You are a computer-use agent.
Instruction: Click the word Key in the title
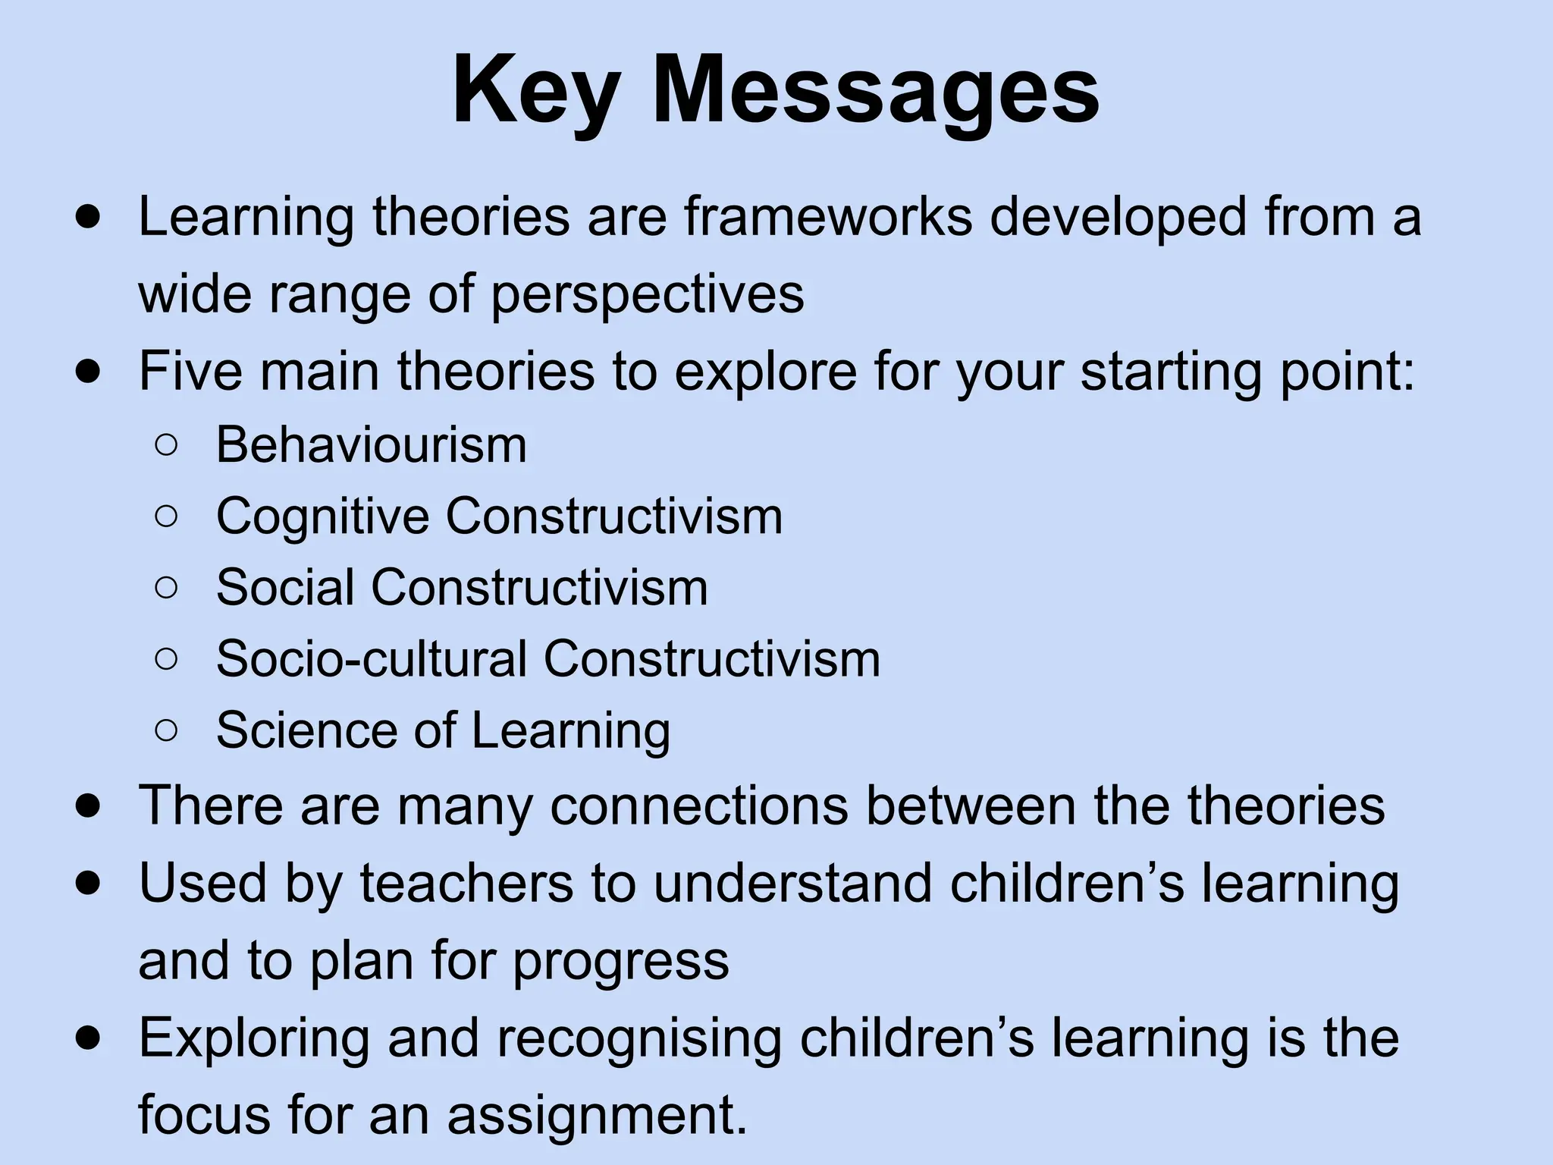click(534, 91)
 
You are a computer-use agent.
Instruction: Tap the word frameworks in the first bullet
click(828, 217)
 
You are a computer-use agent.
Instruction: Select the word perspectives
click(647, 295)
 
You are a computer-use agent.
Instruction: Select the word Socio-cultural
click(371, 658)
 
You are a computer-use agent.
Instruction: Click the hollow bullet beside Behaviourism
click(166, 446)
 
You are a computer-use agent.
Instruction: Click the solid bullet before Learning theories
click(89, 218)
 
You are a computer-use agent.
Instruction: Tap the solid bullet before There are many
click(89, 806)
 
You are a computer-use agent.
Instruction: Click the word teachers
click(466, 884)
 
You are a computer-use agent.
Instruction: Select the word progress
click(621, 961)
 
